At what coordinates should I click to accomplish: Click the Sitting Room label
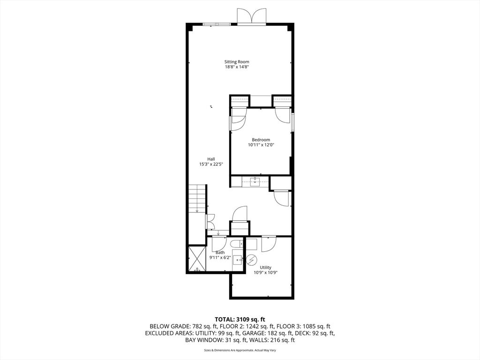coord(236,62)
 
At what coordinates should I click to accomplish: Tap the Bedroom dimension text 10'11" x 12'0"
coord(261,145)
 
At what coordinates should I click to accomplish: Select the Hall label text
coord(211,158)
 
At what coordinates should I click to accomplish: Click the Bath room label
coord(220,252)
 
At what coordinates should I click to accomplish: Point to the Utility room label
coord(266,268)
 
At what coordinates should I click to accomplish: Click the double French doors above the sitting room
coord(252,16)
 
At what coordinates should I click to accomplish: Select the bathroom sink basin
coord(237,259)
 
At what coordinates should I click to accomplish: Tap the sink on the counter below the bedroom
coord(255,181)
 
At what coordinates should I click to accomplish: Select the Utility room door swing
coord(269,244)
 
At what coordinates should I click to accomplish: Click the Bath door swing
coord(219,244)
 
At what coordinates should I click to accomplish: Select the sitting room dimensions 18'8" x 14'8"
coord(236,67)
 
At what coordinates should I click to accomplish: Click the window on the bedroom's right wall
coord(292,121)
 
